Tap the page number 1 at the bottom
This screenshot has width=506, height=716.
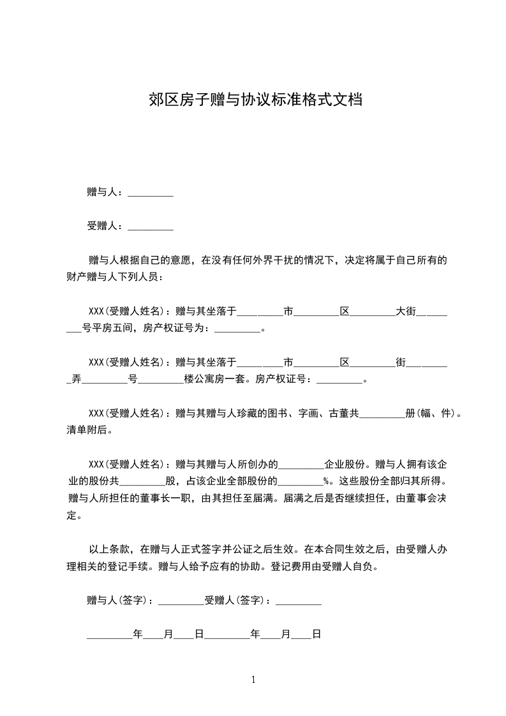coord(253,680)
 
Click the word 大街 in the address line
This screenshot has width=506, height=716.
coord(406,311)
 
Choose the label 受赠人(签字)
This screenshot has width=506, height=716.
coord(235,600)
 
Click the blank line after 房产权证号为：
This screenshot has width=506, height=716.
coord(237,329)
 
